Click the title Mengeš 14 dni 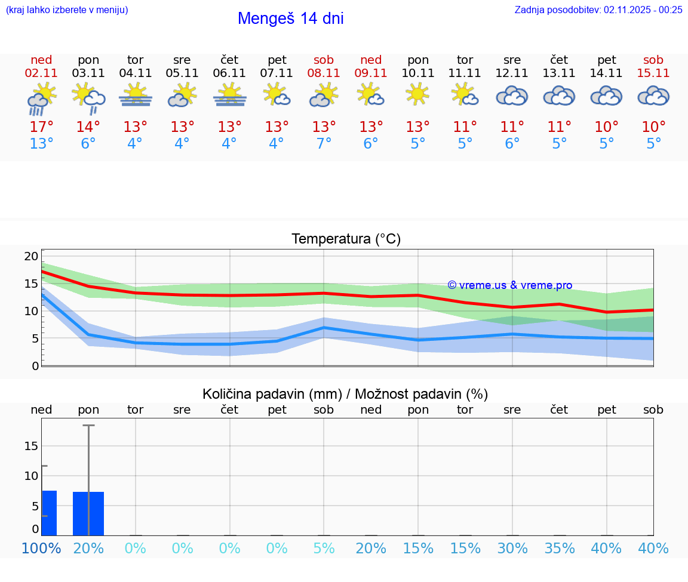click(290, 19)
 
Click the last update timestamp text click(598, 10)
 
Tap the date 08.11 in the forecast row click(324, 73)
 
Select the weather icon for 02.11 click(41, 98)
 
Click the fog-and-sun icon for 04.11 click(135, 96)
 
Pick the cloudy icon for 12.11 click(512, 96)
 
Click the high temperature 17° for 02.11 click(41, 127)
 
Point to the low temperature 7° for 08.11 click(324, 144)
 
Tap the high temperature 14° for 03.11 click(88, 127)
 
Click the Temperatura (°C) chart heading click(346, 239)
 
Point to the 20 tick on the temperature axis click(31, 256)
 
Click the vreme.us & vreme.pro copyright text click(509, 285)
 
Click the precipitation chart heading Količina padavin click(345, 394)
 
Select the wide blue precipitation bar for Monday click(88, 513)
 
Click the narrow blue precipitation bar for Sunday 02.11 click(50, 513)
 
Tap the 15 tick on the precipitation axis click(31, 446)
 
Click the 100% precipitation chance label click(41, 548)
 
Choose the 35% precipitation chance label click(559, 548)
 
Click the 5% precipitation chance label click(324, 548)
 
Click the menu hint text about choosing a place click(67, 10)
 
